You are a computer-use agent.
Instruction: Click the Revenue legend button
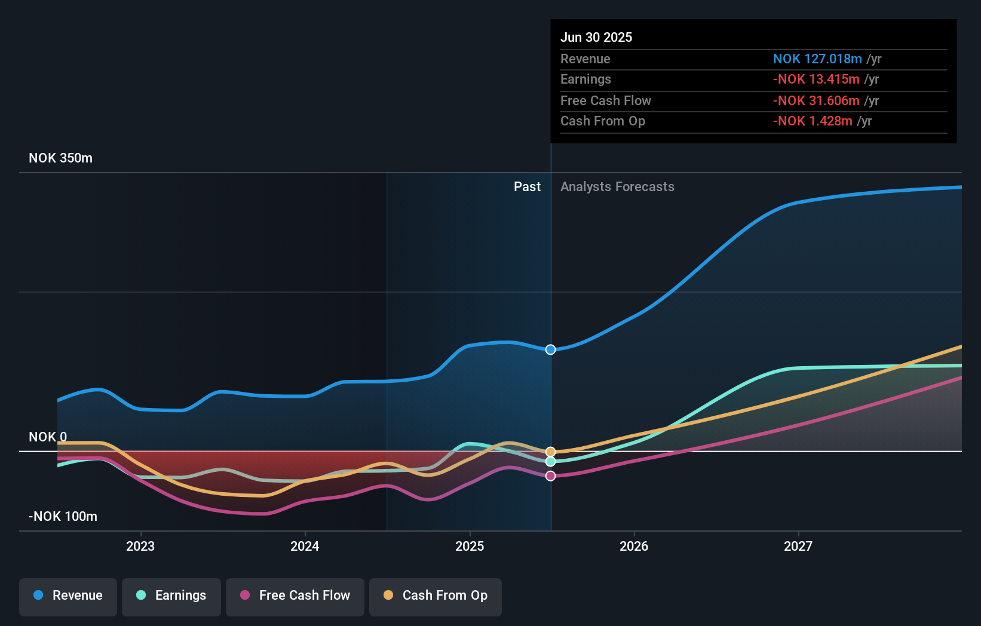pos(68,596)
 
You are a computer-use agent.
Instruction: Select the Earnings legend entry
pos(171,596)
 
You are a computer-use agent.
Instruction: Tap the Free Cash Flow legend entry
pos(295,596)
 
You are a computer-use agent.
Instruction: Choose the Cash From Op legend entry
pos(436,596)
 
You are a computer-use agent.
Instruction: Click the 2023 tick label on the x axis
pos(140,546)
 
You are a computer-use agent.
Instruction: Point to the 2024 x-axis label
pos(305,546)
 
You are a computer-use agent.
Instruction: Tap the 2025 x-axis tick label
pos(470,546)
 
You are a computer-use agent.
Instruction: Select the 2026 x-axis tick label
pos(634,546)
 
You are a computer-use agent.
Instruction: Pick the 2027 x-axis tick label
pos(798,546)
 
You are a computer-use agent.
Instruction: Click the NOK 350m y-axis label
pos(60,158)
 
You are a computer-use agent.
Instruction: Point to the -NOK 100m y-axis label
pos(63,517)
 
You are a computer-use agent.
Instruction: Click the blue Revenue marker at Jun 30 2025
pos(551,349)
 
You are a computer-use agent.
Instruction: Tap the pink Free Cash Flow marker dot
pos(551,476)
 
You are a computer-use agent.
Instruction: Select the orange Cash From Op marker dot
pos(551,452)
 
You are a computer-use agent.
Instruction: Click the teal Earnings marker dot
pos(551,462)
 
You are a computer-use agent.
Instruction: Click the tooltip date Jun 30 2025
pos(596,37)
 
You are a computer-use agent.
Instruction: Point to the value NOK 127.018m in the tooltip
pos(817,59)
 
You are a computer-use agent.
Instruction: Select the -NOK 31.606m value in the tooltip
pos(816,100)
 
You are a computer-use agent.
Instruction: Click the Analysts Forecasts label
pos(617,187)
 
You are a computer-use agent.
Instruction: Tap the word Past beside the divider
pos(527,187)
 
